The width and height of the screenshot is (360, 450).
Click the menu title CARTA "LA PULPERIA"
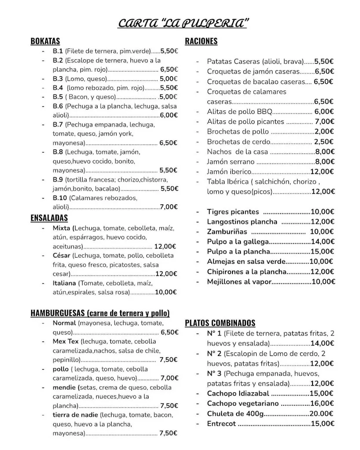point(182,23)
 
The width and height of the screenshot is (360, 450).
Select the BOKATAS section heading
point(45,41)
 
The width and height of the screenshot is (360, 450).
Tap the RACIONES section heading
point(201,41)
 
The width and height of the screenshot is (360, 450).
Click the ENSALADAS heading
point(49,218)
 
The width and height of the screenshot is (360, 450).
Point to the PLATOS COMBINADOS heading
point(220,323)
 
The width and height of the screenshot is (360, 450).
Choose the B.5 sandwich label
point(58,97)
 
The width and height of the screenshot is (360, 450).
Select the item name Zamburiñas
point(227,232)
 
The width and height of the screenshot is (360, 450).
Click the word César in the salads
point(62,255)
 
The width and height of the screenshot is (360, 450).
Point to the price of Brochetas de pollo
point(324,131)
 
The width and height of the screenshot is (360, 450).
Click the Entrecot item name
point(222,424)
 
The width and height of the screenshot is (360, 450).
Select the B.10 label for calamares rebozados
point(60,198)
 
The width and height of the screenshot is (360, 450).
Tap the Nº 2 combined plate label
point(214,354)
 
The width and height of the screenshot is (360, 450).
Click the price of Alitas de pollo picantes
point(324,122)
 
